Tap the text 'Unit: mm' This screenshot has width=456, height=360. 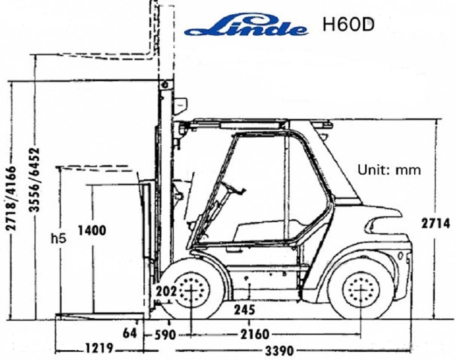tap(389, 170)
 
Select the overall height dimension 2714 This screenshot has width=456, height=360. tap(435, 224)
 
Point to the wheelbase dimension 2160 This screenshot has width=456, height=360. tap(255, 334)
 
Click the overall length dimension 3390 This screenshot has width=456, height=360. tap(279, 351)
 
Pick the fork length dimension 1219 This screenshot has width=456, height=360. tap(99, 348)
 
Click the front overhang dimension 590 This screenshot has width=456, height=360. tap(165, 335)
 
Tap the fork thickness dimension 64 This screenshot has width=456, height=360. tap(130, 333)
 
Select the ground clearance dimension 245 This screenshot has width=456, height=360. tap(244, 310)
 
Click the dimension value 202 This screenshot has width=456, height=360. tap(166, 292)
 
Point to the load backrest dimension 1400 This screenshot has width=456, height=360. tap(92, 231)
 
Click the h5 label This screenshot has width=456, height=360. tap(58, 239)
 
